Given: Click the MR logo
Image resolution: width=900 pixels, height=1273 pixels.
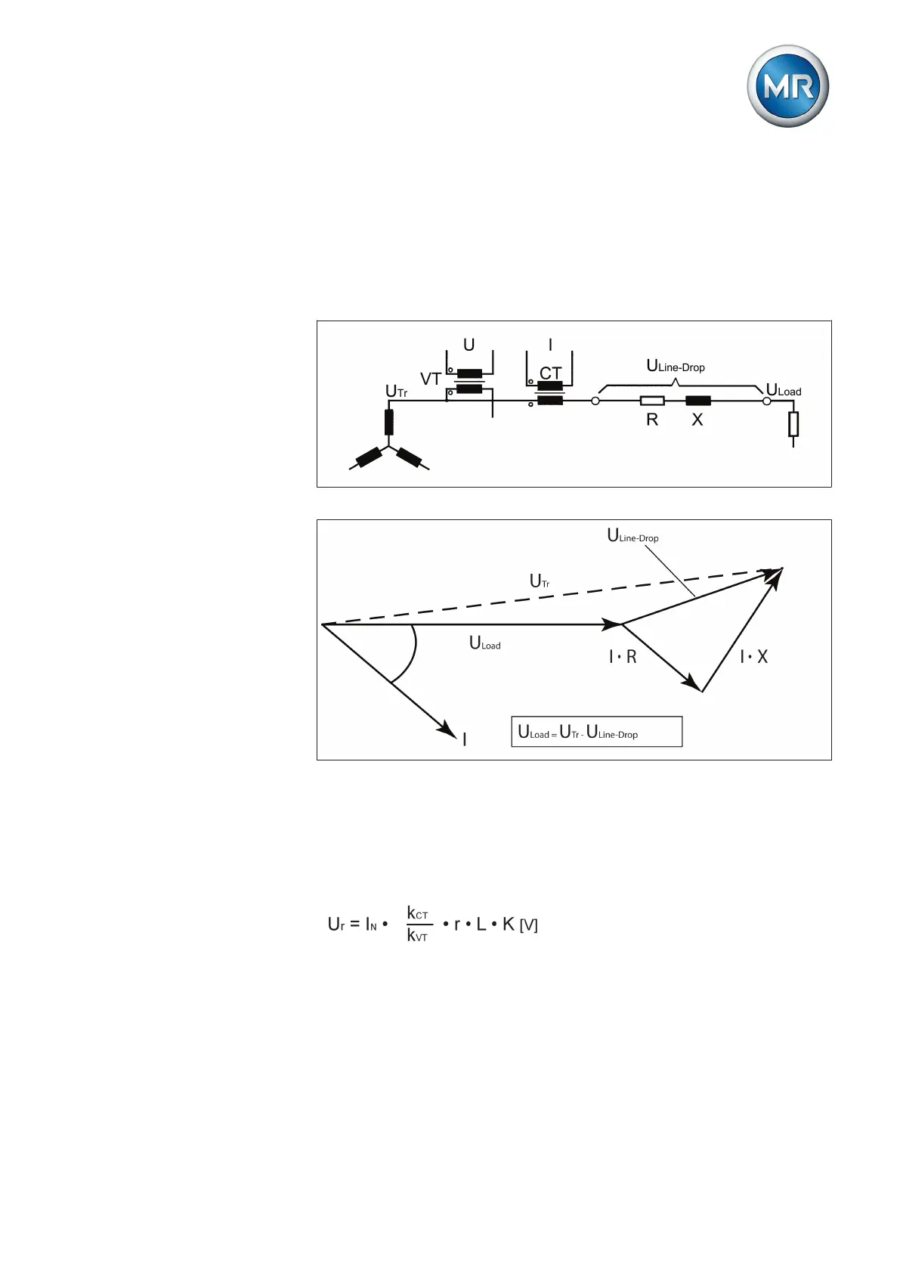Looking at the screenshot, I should [787, 86].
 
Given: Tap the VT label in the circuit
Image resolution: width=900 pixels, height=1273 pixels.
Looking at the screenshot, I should [431, 379].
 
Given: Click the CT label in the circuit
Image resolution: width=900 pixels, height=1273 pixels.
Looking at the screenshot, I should [550, 373].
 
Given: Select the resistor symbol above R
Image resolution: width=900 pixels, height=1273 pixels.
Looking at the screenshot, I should [652, 401].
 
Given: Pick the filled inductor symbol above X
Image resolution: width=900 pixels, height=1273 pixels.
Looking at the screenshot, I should [697, 401].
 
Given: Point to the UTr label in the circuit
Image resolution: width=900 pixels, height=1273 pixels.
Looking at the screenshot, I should [396, 391].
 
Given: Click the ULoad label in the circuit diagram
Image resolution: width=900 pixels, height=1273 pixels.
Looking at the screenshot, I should [784, 390].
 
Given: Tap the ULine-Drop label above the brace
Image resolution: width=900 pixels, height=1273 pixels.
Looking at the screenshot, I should [676, 367].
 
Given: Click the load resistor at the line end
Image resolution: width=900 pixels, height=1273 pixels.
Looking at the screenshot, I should [793, 424].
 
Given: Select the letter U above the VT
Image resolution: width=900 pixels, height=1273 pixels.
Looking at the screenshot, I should [469, 345].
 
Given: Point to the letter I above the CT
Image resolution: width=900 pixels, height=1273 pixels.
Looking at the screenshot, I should [550, 345].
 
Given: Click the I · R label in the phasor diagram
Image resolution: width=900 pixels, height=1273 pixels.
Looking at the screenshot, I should [623, 657].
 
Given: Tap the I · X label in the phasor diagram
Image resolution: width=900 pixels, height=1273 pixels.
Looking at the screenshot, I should [753, 657].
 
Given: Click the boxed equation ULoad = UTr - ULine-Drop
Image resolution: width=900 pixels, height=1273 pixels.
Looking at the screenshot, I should [596, 732].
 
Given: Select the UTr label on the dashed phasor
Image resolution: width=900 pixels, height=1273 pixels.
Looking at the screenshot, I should [540, 581].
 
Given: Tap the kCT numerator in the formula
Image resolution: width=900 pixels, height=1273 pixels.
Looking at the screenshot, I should [417, 913].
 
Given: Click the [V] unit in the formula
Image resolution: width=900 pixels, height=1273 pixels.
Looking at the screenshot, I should [529, 925].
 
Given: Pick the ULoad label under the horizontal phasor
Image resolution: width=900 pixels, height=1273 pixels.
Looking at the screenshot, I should [485, 643].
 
